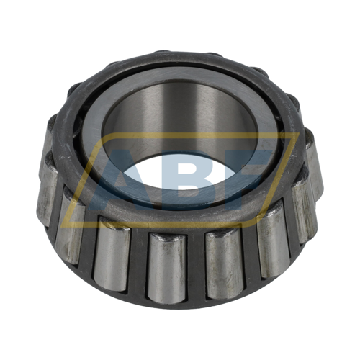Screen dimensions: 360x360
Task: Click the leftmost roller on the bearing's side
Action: point(47,189)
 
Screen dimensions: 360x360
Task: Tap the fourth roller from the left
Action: point(167,269)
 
